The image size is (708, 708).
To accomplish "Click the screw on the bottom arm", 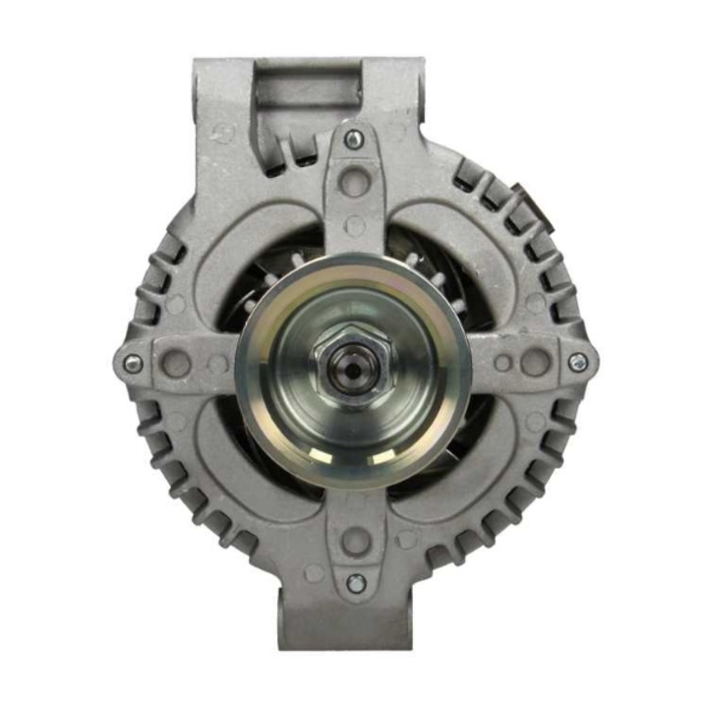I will pos(356,583).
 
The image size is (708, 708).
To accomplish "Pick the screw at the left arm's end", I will pos(131,363).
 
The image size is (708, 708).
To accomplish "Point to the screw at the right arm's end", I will pos(577,363).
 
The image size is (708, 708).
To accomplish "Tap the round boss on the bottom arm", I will pos(356,540).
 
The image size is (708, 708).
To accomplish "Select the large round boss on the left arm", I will pos(178,363).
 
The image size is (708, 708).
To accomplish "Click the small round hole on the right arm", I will pos(501,363).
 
